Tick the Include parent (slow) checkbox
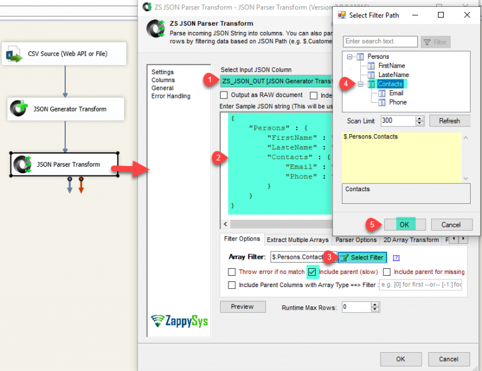313,271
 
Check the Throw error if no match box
232,272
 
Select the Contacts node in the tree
390,84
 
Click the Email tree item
396,93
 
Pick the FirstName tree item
392,66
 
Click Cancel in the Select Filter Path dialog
451,224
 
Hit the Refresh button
449,121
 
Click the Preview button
242,307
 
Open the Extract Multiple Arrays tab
297,240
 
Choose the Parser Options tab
356,240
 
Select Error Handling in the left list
171,96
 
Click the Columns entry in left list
163,80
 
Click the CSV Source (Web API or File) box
64,54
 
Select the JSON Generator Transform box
66,109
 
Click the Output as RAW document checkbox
225,95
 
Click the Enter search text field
380,41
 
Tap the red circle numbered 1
209,80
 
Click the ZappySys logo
179,321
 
